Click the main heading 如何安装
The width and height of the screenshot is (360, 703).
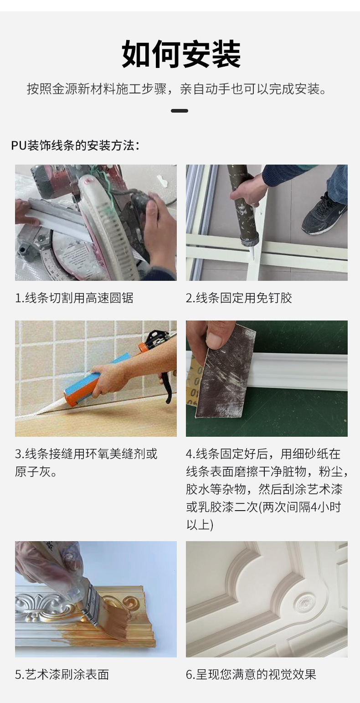coord(181,54)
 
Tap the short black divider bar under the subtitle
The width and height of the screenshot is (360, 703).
coord(180,111)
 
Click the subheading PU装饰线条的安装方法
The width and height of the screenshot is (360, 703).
coord(75,145)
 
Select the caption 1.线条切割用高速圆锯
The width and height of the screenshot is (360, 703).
coord(74,298)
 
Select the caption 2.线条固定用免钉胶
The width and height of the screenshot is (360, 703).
coord(239,298)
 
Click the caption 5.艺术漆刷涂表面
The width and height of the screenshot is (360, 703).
coord(62,674)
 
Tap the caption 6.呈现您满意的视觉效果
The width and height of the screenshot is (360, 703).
coord(251,674)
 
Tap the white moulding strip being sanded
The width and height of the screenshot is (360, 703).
coord(301,371)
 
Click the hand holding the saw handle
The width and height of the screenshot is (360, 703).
coord(159,233)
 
